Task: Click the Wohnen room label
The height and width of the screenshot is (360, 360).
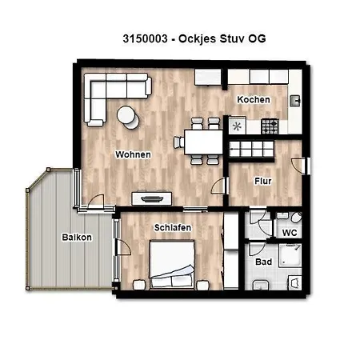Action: coord(133,154)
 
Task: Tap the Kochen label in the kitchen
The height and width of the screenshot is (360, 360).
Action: coord(253,99)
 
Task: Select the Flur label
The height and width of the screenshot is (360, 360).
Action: coord(263,181)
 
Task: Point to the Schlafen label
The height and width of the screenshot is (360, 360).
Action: coord(172,228)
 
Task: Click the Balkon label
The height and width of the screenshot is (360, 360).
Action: coord(77,238)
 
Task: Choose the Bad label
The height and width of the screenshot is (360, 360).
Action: coord(263,262)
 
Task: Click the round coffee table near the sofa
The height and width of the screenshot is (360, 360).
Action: coord(127,116)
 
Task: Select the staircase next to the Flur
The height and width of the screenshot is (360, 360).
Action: coord(252,149)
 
